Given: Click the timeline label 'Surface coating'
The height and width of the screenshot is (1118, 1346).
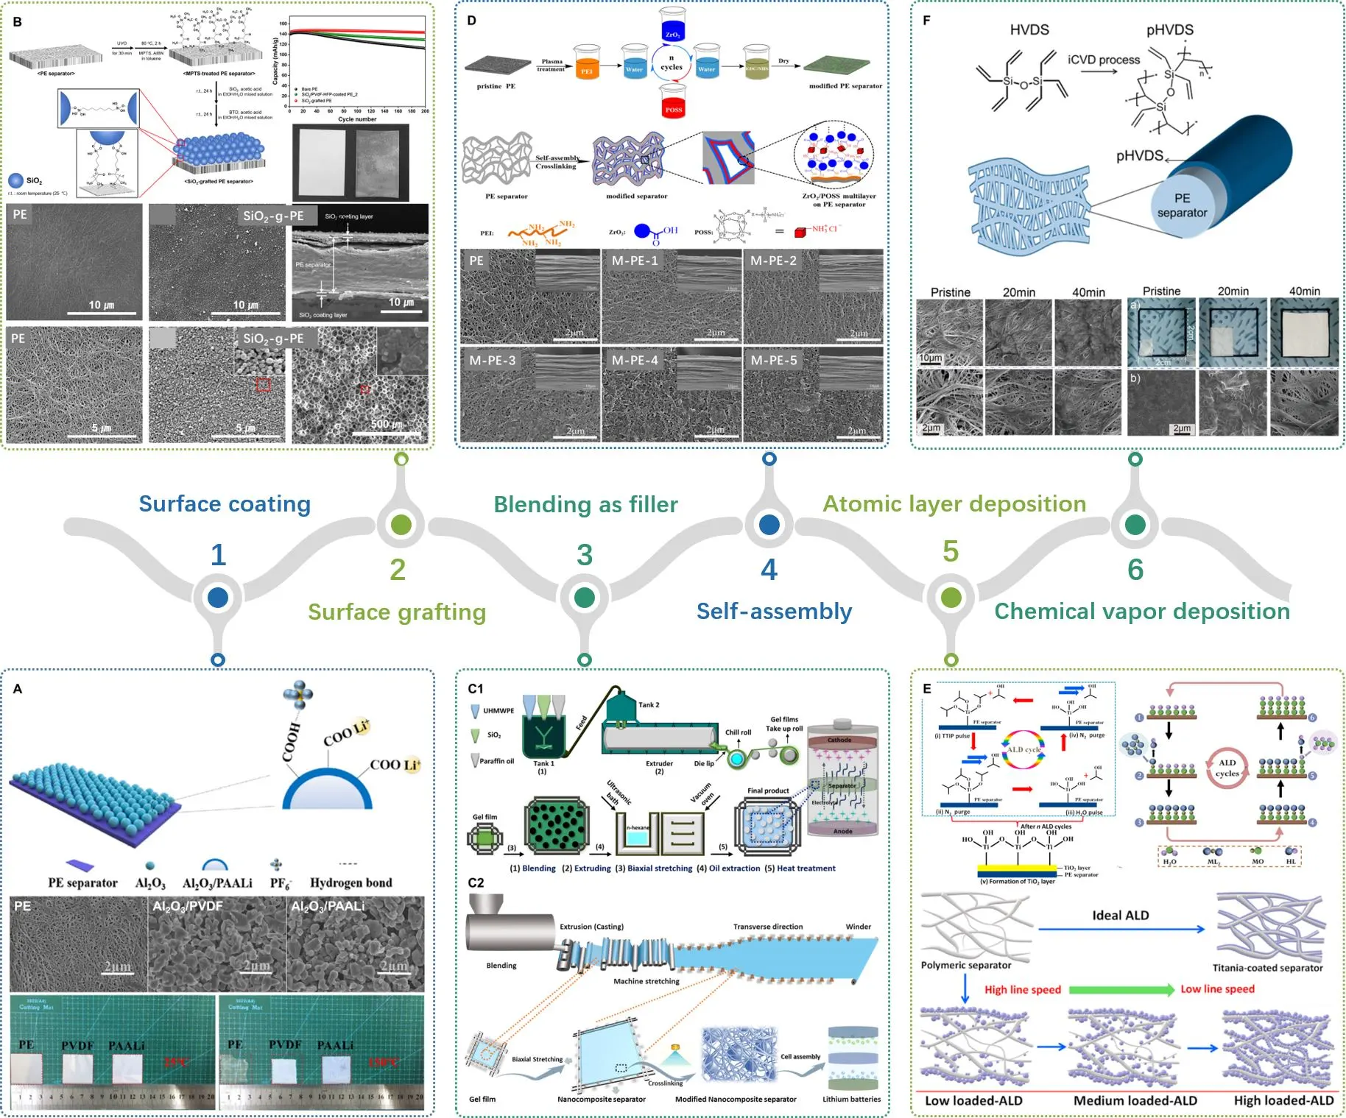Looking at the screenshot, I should pos(225,504).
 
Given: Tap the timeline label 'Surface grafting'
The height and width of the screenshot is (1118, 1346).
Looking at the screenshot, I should pos(397,612).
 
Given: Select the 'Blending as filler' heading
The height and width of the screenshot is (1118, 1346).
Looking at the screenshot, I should pos(585,505).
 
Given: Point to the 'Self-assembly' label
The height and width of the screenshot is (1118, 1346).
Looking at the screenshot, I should pos(774,612).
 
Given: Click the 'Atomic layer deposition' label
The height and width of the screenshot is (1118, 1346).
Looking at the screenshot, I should pos(954,504).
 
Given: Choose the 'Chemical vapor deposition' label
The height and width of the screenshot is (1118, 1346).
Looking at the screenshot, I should pos(1142,612).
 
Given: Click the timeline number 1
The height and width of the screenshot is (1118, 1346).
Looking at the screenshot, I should pos(218,555).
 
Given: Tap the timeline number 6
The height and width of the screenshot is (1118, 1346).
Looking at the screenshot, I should pos(1135,570).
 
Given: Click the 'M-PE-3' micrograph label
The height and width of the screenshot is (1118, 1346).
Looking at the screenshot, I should pos(493,361).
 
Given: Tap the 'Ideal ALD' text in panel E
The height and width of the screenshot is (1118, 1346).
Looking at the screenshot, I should pos(1120,916).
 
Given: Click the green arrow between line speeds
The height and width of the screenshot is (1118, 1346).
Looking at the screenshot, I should pos(1121,990).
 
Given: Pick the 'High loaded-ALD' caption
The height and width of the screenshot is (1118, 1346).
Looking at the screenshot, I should pos(1283,1100).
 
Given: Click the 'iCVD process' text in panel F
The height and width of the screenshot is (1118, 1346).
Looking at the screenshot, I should pos(1104,60).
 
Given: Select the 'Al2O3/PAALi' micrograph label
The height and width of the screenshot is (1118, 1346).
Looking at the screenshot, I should pos(328,906).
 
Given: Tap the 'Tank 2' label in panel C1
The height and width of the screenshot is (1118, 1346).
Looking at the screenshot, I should pos(649,704).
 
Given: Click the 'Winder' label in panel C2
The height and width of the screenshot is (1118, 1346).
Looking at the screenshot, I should pos(858,927).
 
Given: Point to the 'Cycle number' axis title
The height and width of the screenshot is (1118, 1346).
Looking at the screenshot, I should pos(357,119).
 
